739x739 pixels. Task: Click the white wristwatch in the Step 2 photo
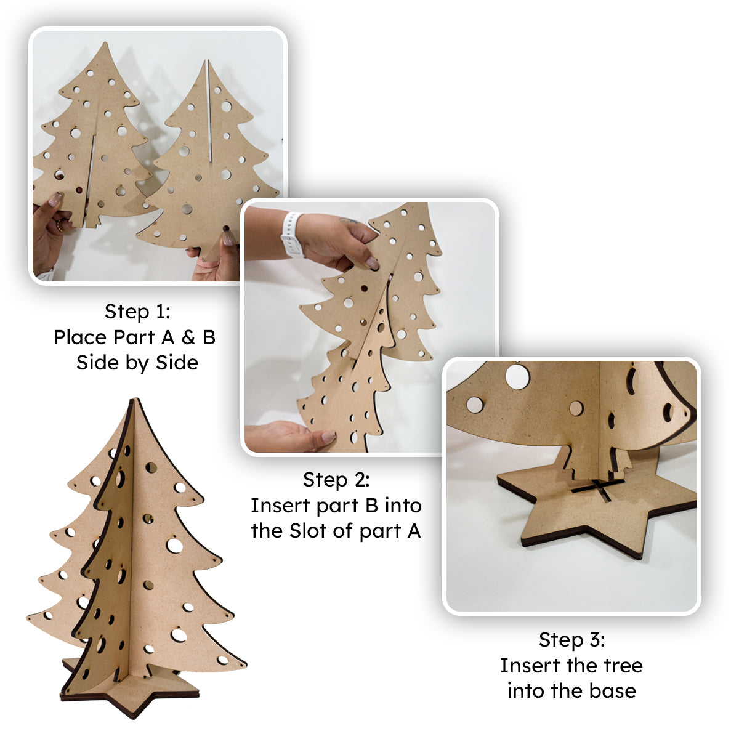[293, 235]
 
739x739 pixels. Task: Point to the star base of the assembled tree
[131, 690]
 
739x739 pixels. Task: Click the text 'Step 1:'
[137, 312]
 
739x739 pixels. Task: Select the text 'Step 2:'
[336, 479]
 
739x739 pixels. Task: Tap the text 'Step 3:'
[571, 640]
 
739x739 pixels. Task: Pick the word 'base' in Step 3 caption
[612, 691]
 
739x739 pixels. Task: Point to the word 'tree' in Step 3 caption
[624, 665]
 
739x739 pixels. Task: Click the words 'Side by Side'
[137, 363]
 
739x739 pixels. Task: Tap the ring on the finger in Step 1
[60, 225]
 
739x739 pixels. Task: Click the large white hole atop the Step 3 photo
[517, 376]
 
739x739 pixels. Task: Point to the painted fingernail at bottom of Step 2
[329, 435]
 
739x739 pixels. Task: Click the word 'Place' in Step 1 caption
[81, 337]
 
